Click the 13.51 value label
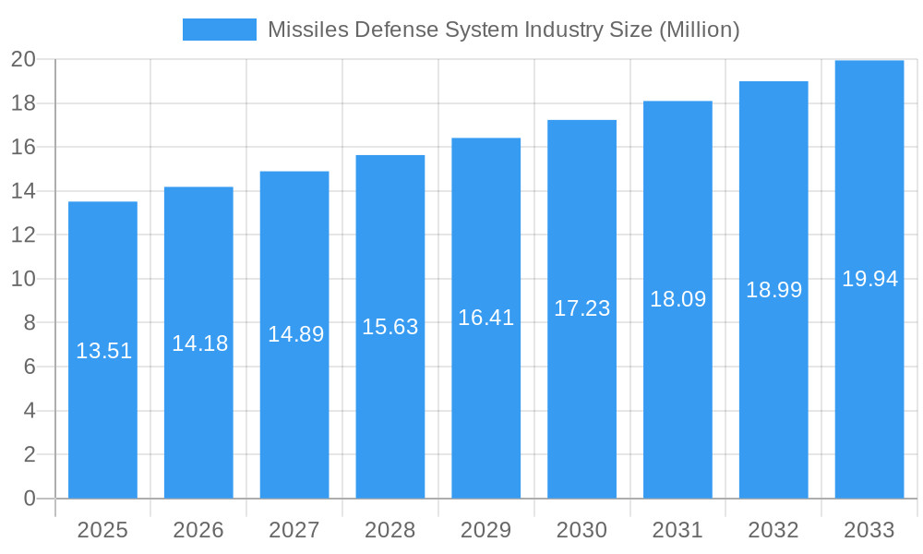[x=103, y=351]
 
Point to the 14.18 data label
[x=199, y=343]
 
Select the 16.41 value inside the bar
[x=486, y=318]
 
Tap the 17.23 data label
[x=581, y=308]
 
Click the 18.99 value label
[x=773, y=290]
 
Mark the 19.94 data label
[x=869, y=279]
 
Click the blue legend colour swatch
[x=220, y=30]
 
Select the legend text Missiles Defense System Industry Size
[x=504, y=30]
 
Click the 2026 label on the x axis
[x=198, y=530]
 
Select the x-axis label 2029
[x=486, y=530]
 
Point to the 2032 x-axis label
[x=773, y=530]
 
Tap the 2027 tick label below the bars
[x=294, y=530]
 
